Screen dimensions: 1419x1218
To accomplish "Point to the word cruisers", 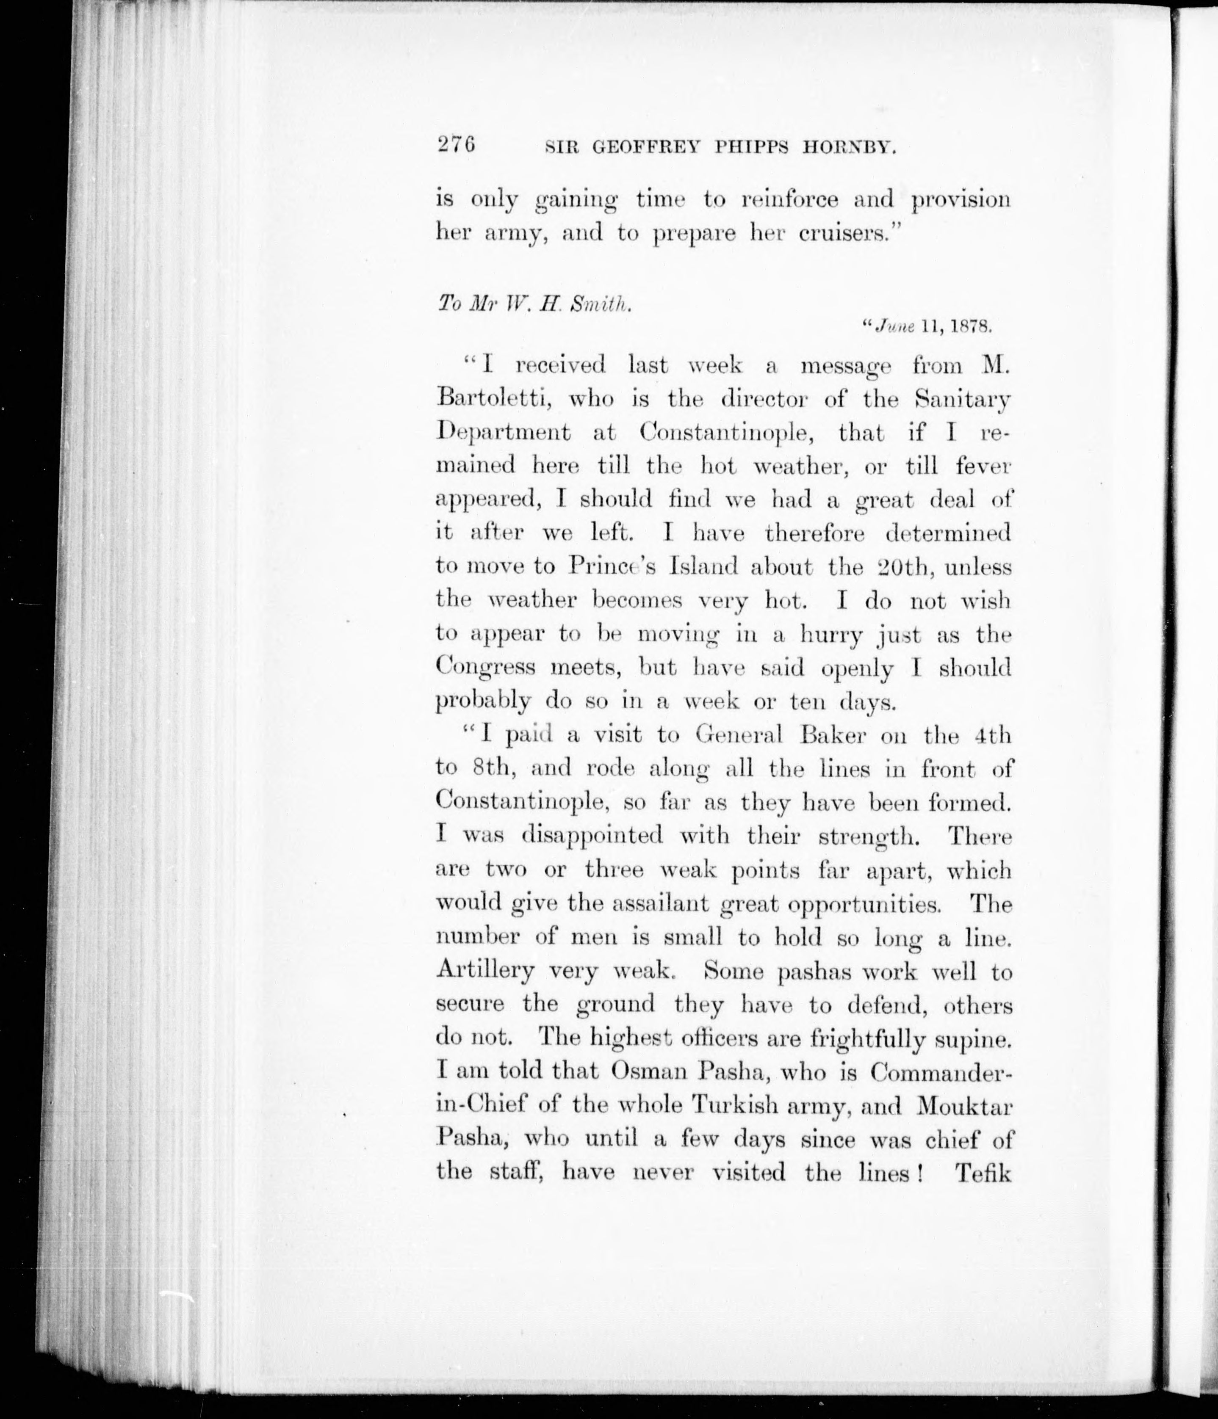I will (x=843, y=234).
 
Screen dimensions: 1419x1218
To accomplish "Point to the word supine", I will (x=977, y=1038).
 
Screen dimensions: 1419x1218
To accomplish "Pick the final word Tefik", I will (x=984, y=1173).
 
